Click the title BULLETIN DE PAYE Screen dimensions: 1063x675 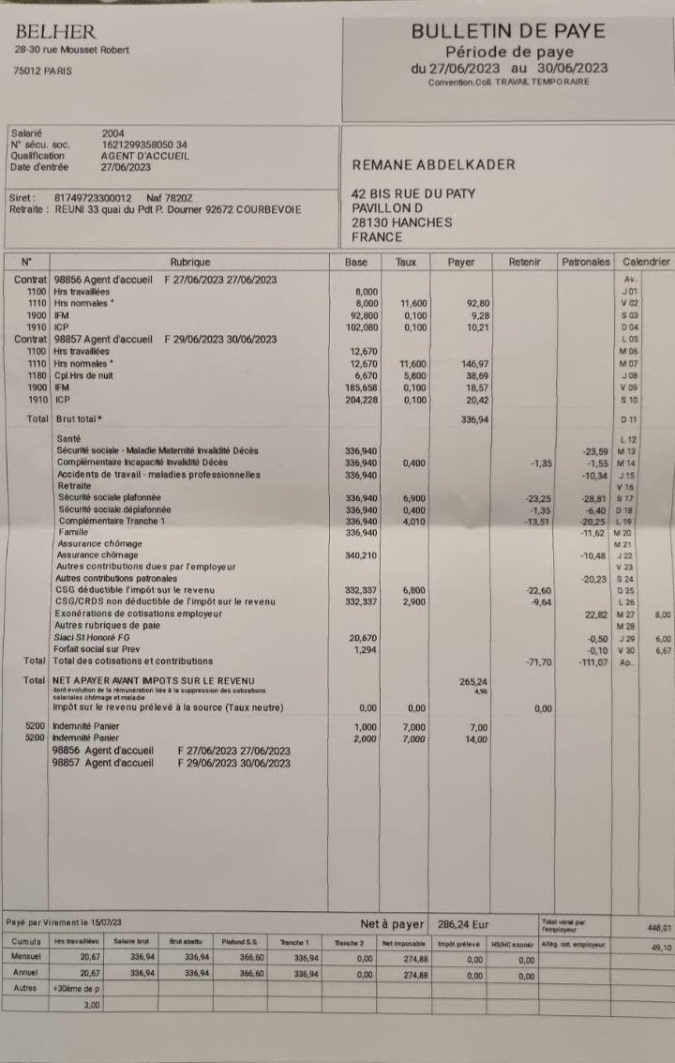tap(508, 31)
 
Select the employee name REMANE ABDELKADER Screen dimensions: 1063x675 tap(433, 165)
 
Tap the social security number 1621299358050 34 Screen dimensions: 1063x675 tap(144, 144)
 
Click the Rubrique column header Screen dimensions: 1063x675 tap(190, 263)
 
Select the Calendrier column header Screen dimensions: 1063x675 tap(646, 263)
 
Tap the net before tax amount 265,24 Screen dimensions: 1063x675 tap(473, 681)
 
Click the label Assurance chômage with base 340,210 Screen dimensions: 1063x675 tap(97, 555)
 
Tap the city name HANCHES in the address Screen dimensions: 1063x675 tap(423, 222)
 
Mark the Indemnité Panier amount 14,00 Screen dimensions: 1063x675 tap(477, 739)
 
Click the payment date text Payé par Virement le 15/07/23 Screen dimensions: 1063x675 tap(64, 923)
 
